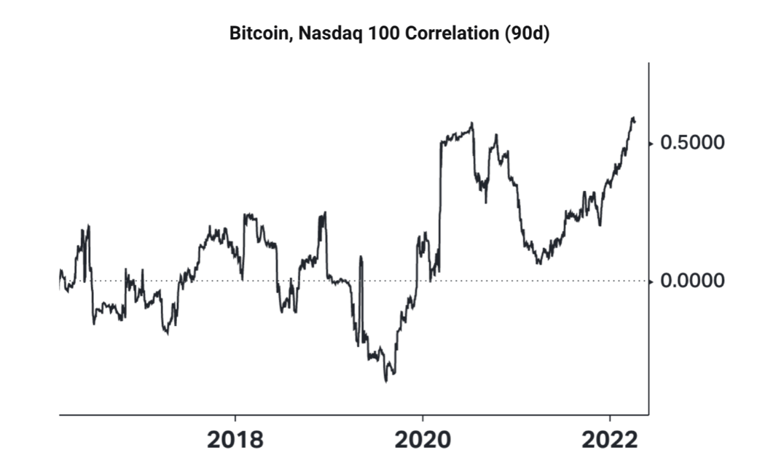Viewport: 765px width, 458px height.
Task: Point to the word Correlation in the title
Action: click(444, 34)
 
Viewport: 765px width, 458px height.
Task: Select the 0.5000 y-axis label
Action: click(692, 141)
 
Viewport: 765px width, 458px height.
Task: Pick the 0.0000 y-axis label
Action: click(692, 281)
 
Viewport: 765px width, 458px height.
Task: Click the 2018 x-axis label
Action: click(235, 440)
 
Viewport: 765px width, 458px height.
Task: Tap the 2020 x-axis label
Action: click(422, 440)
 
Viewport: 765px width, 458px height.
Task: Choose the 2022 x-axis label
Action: click(609, 440)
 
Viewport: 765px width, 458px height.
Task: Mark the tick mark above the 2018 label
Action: click(235, 419)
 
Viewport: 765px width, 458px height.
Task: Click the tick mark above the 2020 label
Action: click(422, 419)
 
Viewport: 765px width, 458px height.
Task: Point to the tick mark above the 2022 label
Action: click(609, 419)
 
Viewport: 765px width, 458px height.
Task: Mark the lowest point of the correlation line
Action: click(386, 381)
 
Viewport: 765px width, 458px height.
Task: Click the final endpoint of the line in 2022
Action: click(635, 121)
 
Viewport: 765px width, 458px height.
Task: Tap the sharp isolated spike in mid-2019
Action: click(361, 257)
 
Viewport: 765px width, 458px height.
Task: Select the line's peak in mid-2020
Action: click(472, 123)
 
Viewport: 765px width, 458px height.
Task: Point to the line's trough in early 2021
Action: click(538, 263)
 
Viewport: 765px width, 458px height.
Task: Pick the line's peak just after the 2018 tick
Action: click(246, 214)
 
